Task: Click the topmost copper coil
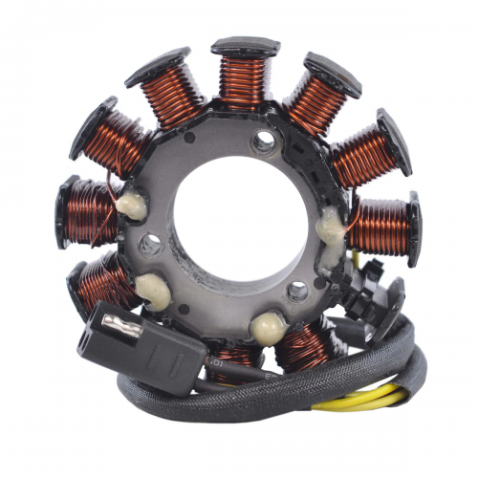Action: (245, 81)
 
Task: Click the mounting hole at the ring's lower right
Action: (299, 290)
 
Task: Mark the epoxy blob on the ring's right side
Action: (332, 227)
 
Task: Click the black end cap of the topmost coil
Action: (246, 46)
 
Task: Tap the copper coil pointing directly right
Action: (377, 222)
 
